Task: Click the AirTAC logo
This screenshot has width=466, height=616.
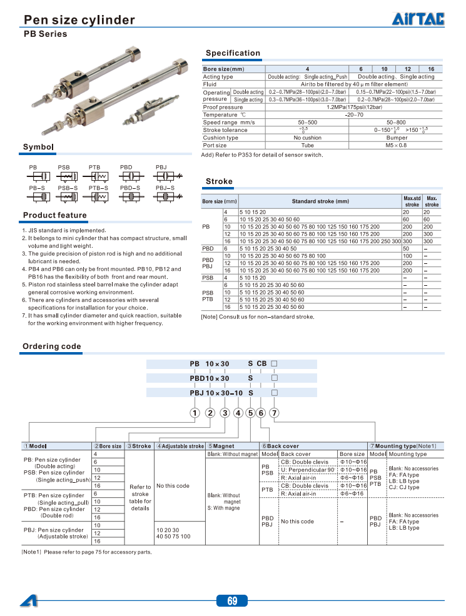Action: (x=418, y=20)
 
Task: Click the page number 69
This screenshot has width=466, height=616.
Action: (x=232, y=601)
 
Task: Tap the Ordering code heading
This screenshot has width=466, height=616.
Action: (x=52, y=346)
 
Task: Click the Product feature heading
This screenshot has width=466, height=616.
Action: (x=55, y=215)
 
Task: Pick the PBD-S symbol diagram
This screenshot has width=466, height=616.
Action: (x=129, y=196)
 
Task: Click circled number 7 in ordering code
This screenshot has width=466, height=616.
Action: (x=273, y=412)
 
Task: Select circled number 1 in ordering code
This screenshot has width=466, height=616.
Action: (x=195, y=412)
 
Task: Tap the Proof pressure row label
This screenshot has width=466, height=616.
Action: (x=223, y=107)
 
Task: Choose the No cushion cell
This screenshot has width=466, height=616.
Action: (x=307, y=138)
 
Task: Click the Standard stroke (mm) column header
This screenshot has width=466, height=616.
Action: (x=320, y=201)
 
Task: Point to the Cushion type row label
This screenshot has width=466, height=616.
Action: (x=221, y=138)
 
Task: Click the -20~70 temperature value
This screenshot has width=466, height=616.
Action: (x=354, y=115)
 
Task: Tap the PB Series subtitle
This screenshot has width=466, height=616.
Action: (x=45, y=34)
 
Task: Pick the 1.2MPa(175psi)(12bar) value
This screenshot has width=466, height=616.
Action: (x=354, y=107)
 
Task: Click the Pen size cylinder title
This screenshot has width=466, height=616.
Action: (x=79, y=20)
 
